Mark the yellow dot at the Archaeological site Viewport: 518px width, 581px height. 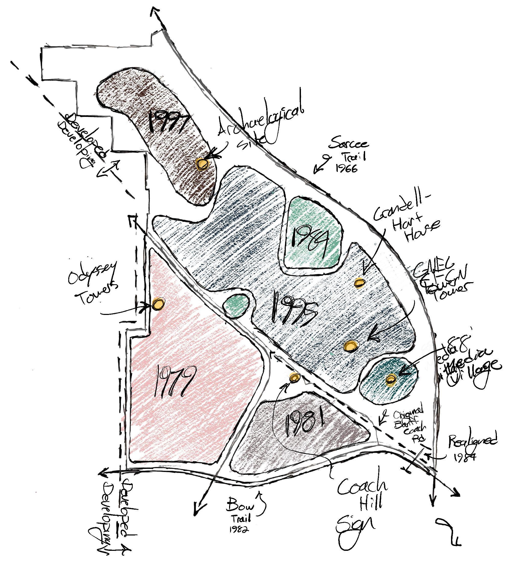click(x=202, y=163)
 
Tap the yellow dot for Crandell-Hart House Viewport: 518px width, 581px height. click(x=360, y=282)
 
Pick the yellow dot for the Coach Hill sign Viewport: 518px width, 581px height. click(x=295, y=377)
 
